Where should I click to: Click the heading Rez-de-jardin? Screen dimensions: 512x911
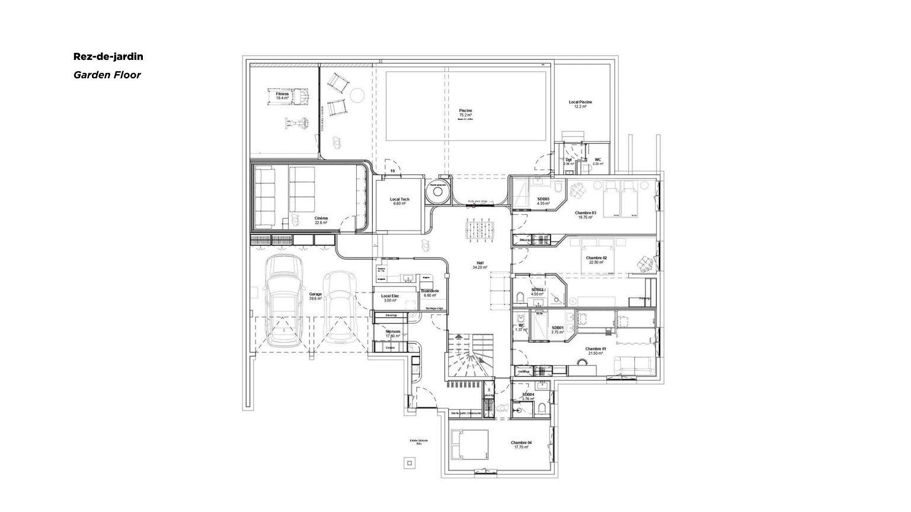[108, 57]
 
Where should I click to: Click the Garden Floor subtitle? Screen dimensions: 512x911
[107, 75]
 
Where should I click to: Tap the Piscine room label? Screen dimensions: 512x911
[465, 113]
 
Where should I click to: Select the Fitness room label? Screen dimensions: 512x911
[282, 96]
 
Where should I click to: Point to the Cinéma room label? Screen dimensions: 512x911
[321, 220]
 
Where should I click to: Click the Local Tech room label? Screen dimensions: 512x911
[399, 201]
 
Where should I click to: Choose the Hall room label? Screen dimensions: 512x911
[480, 265]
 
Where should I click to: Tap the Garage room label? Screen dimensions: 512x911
[315, 296]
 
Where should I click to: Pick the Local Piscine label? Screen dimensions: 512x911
[580, 104]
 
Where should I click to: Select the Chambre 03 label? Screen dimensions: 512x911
[586, 214]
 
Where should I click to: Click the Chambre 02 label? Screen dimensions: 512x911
[596, 260]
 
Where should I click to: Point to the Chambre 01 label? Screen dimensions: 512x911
[596, 351]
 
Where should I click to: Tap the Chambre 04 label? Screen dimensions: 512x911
[522, 445]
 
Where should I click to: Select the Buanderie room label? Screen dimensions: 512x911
[430, 293]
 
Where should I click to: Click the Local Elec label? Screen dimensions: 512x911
[389, 298]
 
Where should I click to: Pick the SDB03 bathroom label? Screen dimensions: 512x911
[544, 201]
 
